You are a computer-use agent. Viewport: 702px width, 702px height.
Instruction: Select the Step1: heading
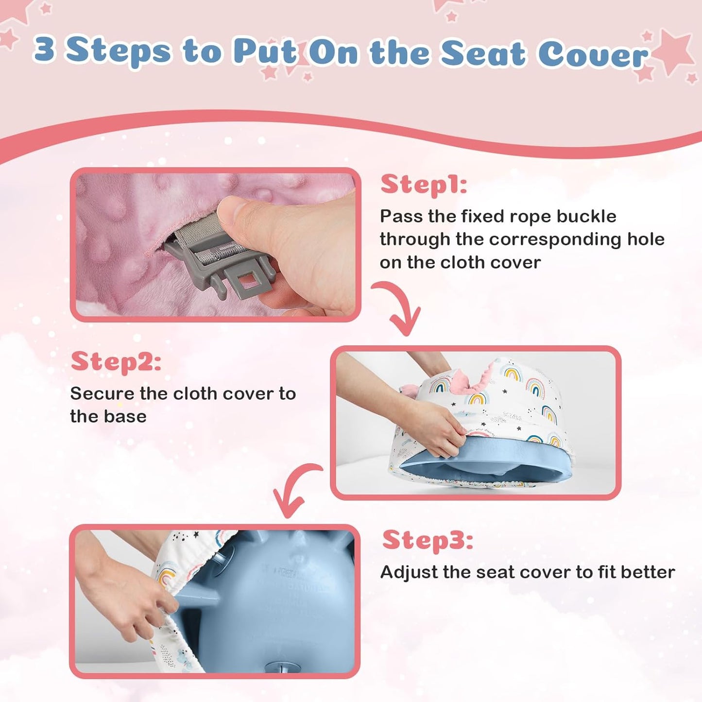(x=423, y=185)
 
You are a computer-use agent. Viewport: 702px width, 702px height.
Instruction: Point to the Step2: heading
(x=116, y=361)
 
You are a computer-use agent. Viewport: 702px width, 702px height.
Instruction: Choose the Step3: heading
(x=428, y=540)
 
